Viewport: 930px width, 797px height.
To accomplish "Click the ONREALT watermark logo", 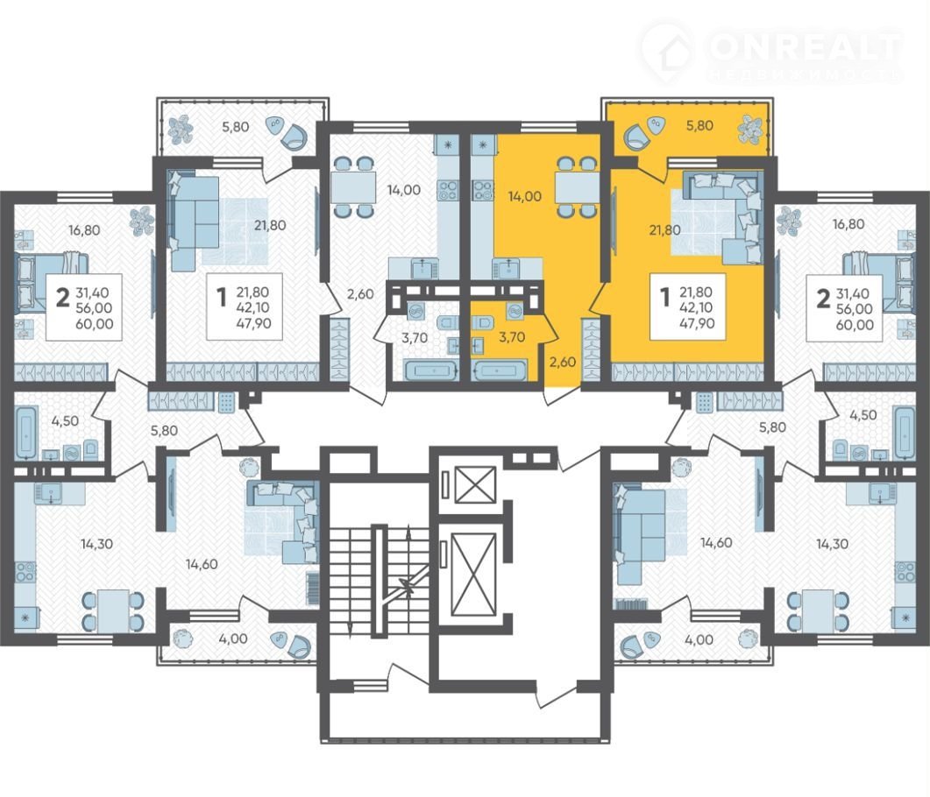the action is coord(771,53).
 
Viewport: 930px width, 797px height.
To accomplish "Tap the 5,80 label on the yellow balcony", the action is coord(699,125).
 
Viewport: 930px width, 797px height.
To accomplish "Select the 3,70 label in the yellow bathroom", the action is coord(512,337).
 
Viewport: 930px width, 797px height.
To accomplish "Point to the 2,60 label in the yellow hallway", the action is coord(562,362).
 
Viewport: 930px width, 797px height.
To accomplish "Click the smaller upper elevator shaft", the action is coord(474,484).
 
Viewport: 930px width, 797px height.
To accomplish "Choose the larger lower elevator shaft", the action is coord(473,575).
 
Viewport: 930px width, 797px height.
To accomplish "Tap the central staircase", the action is coord(380,581).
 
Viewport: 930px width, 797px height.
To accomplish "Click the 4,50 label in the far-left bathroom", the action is coord(65,420).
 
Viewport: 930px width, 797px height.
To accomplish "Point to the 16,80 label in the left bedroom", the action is coord(84,230).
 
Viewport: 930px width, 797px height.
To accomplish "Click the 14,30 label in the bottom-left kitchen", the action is coord(96,543).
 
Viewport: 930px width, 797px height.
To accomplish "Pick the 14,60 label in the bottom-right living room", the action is coord(716,542).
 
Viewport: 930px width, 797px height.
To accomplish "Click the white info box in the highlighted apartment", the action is coord(687,307).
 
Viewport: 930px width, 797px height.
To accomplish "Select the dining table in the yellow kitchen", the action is coord(571,187).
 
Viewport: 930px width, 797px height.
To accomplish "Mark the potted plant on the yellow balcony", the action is coord(748,129).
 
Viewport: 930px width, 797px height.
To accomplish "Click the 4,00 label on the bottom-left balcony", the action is coord(233,639).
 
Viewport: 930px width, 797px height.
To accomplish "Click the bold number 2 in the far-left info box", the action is coord(62,298).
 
